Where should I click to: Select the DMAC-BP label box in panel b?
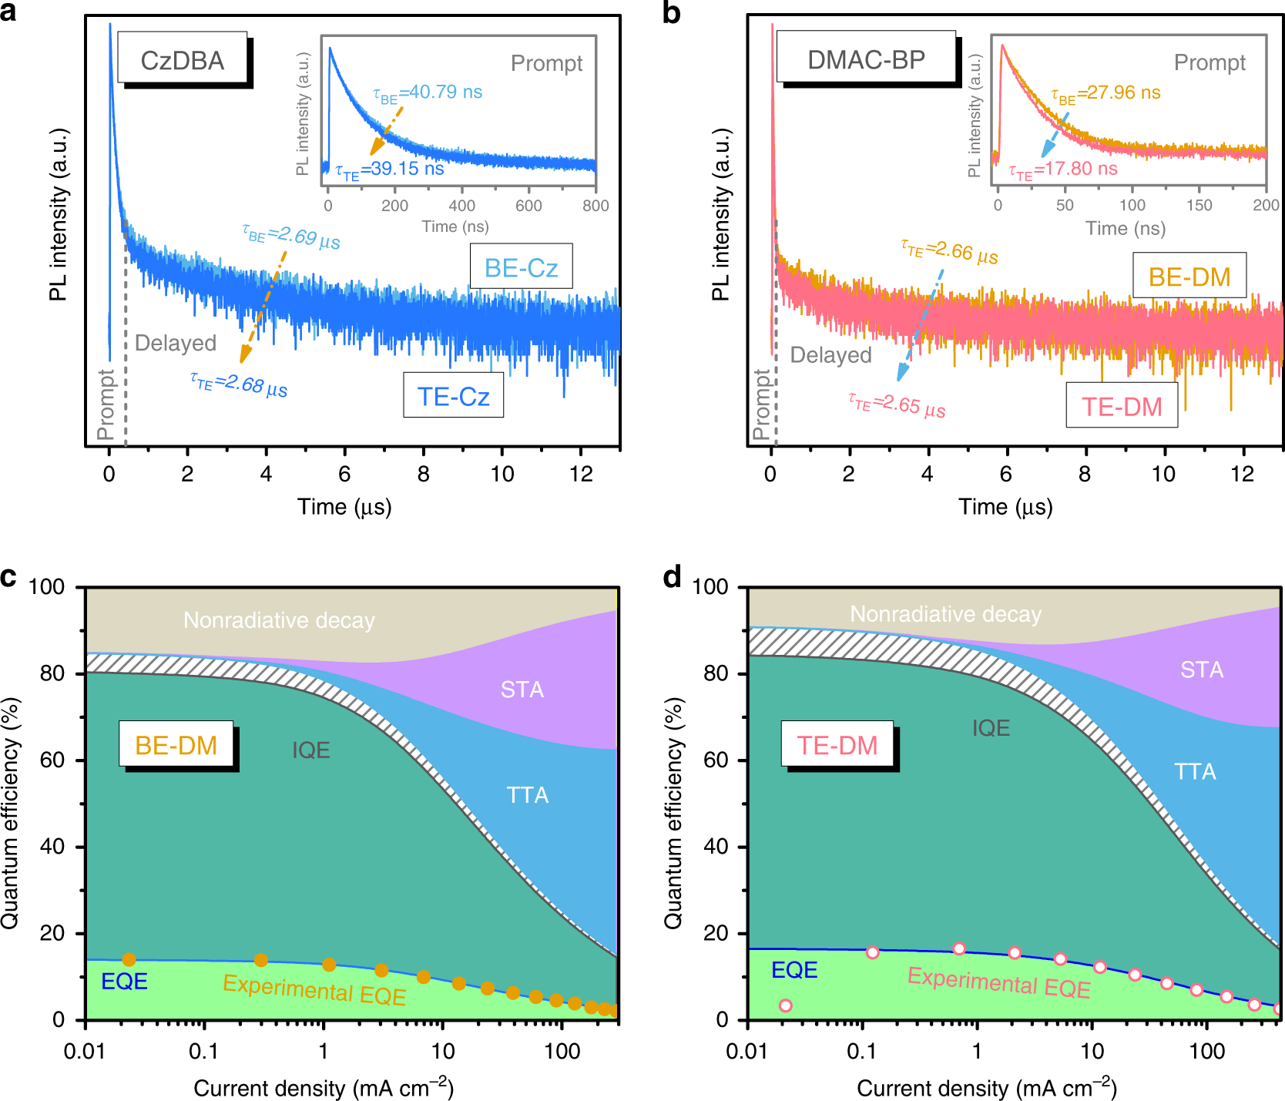coord(866,59)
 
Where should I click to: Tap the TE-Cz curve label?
coord(453,396)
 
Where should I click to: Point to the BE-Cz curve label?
coord(521,267)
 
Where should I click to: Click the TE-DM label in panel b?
coord(1121,406)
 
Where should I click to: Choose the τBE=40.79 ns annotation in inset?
coord(428,93)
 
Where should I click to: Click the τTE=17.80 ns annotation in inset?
coord(1063,170)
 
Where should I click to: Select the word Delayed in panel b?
coord(830,354)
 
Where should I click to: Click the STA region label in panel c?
coord(522,690)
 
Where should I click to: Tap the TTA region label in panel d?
coord(1194,771)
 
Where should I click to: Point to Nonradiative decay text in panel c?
coord(279,620)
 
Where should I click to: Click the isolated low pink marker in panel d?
coord(785,1005)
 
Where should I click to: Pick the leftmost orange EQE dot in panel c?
coord(129,960)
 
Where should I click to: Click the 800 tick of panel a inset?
coord(596,206)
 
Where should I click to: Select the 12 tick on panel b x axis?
coord(1242,474)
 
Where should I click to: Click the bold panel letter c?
coord(8,576)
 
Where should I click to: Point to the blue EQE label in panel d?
coord(794,970)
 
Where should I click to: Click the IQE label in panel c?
coord(310,750)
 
